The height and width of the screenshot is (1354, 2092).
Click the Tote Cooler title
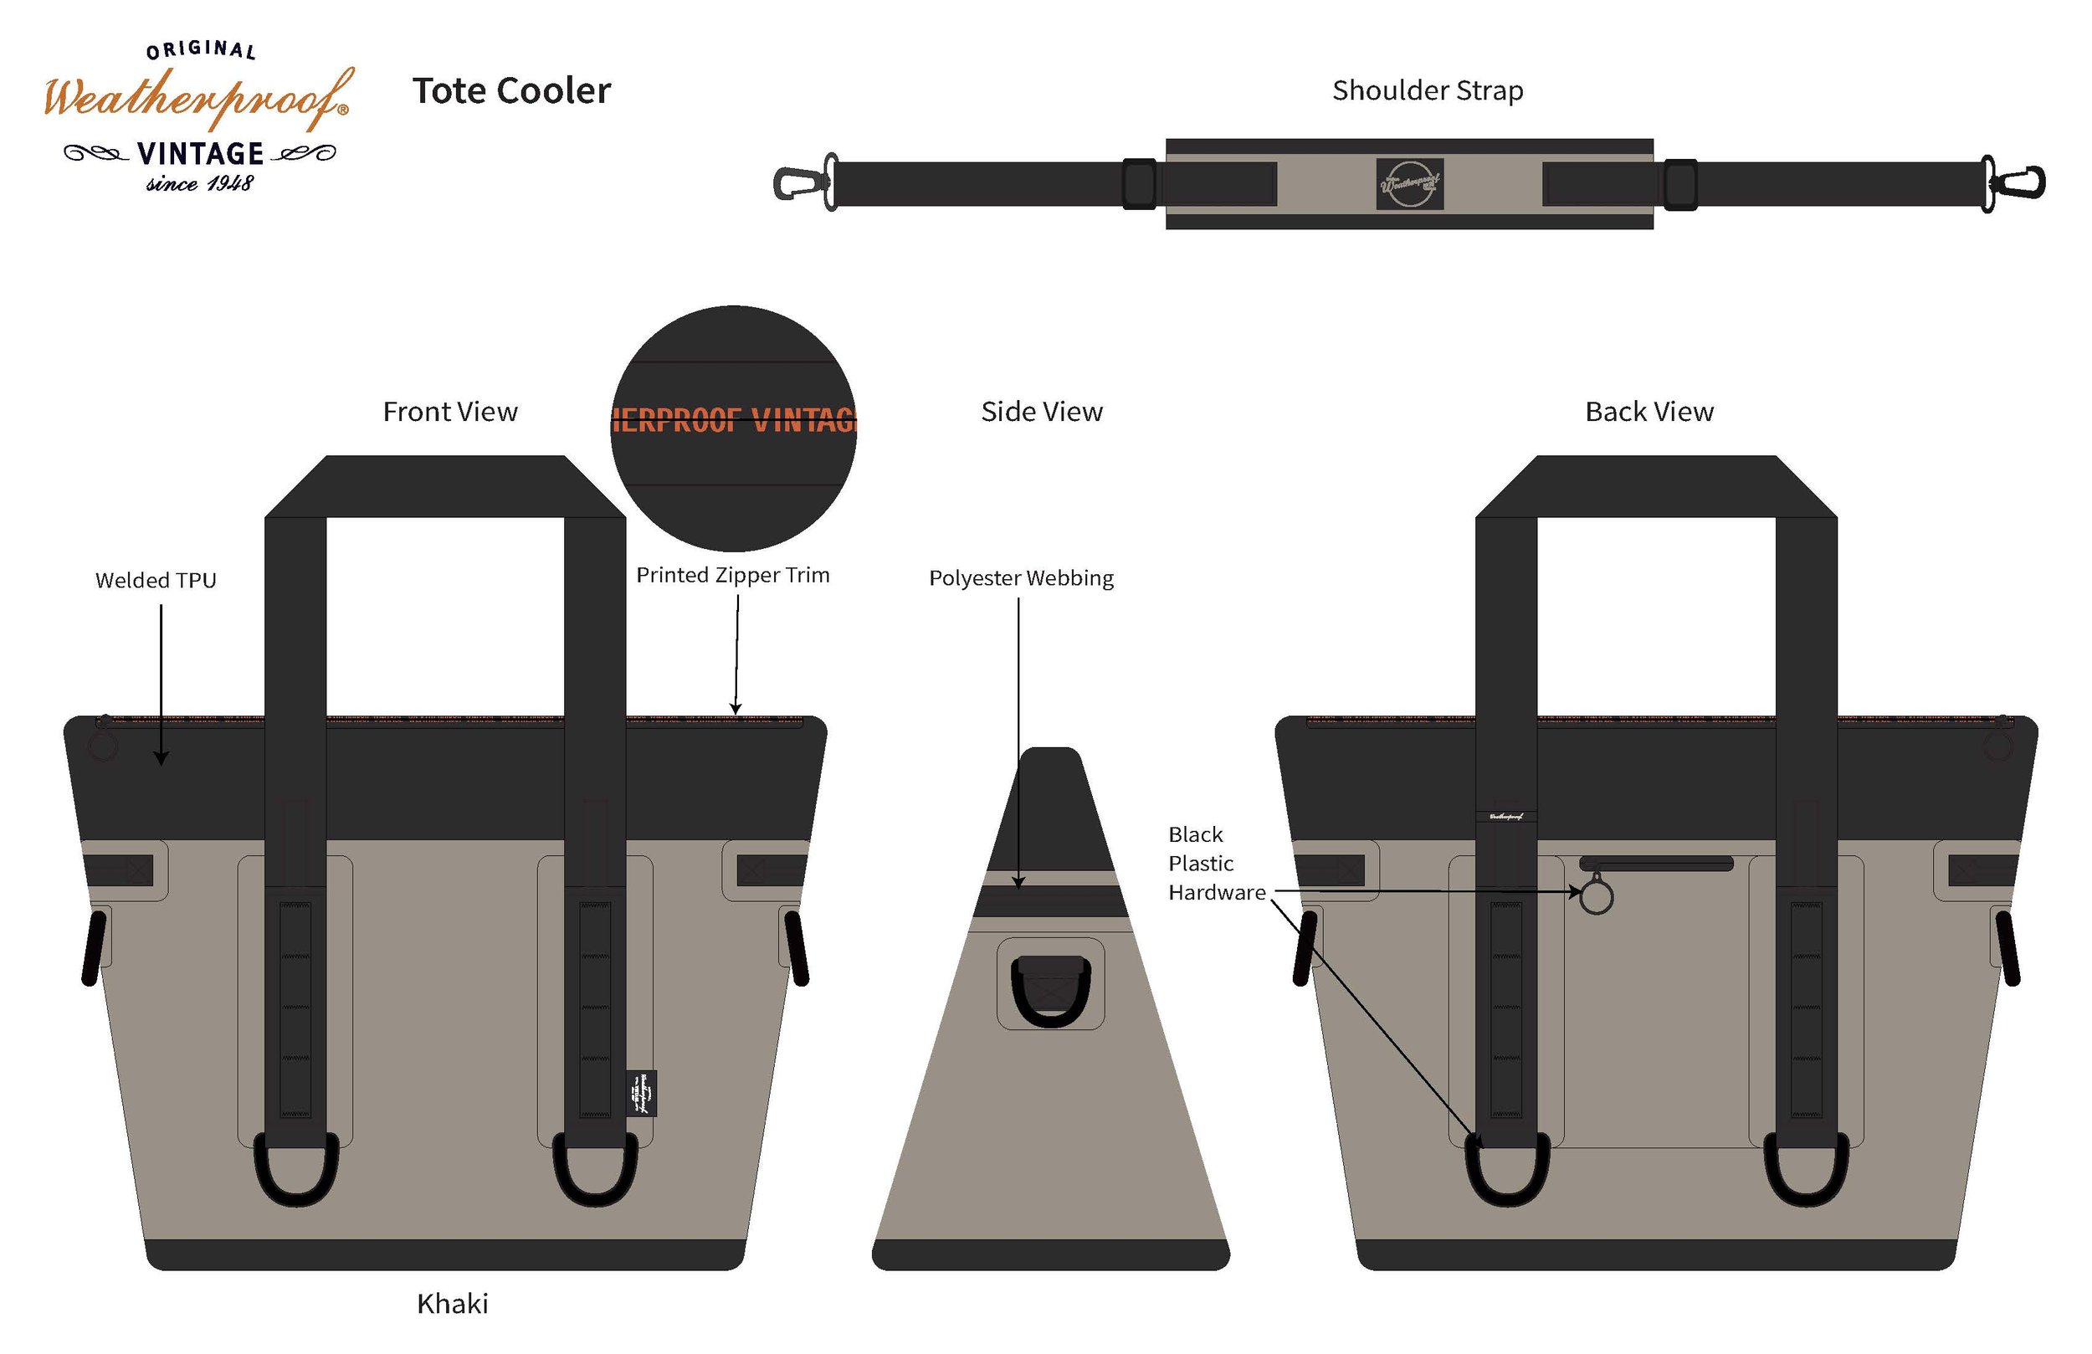pyautogui.click(x=511, y=90)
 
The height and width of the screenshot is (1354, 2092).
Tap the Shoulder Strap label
pyautogui.click(x=1428, y=90)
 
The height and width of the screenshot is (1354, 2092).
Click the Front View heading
pyautogui.click(x=450, y=412)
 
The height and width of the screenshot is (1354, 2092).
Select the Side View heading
pyautogui.click(x=1042, y=412)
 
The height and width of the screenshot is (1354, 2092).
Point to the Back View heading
pyautogui.click(x=1649, y=412)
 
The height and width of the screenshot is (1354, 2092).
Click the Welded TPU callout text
pyautogui.click(x=156, y=580)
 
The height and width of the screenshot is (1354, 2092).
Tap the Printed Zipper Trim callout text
pyautogui.click(x=732, y=575)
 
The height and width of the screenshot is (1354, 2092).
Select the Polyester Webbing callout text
pyautogui.click(x=1021, y=577)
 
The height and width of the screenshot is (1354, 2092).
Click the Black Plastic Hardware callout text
pyautogui.click(x=1216, y=864)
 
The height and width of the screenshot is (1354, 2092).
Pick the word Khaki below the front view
pyautogui.click(x=452, y=1303)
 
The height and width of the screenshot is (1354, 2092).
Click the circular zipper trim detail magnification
pyautogui.click(x=733, y=428)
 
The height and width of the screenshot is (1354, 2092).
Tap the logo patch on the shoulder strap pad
pyautogui.click(x=1409, y=184)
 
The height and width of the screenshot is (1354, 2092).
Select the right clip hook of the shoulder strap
pyautogui.click(x=2021, y=183)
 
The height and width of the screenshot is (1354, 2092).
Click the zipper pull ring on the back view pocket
pyautogui.click(x=1597, y=898)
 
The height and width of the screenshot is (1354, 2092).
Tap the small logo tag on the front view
pyautogui.click(x=642, y=1093)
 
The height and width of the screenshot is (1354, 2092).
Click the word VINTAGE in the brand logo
pyautogui.click(x=200, y=154)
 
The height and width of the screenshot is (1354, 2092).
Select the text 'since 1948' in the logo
pyautogui.click(x=199, y=184)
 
